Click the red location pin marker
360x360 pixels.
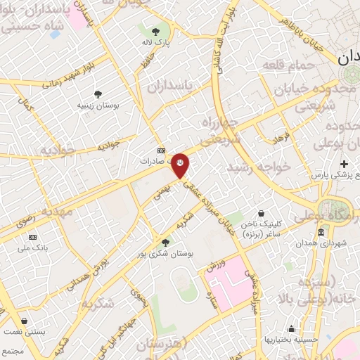point(181,164)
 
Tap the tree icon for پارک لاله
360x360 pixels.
point(156,32)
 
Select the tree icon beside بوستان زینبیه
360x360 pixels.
point(98,94)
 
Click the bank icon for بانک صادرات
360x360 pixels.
point(161,150)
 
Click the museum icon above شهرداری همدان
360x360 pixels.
point(321,233)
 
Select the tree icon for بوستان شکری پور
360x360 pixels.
point(165,243)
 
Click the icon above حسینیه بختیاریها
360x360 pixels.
point(291,328)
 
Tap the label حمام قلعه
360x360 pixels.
point(283,65)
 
